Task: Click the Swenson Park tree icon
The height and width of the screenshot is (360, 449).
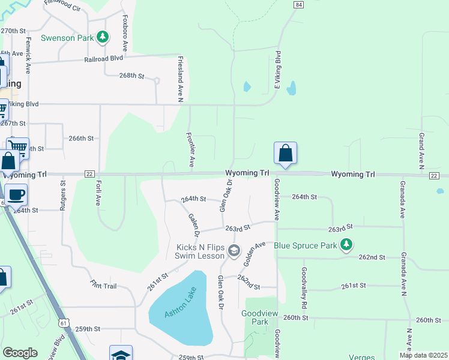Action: (103, 37)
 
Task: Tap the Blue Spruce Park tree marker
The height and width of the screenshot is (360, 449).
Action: (346, 245)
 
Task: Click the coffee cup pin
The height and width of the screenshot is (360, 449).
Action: (16, 194)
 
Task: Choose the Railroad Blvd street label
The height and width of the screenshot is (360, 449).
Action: (103, 59)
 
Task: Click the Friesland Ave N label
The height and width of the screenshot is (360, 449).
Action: (180, 79)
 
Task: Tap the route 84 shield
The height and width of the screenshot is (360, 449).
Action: (298, 4)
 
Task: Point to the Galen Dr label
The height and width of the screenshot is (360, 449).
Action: (193, 225)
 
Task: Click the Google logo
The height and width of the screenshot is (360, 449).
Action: (20, 353)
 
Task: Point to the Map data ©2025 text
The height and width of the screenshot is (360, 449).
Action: (423, 355)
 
